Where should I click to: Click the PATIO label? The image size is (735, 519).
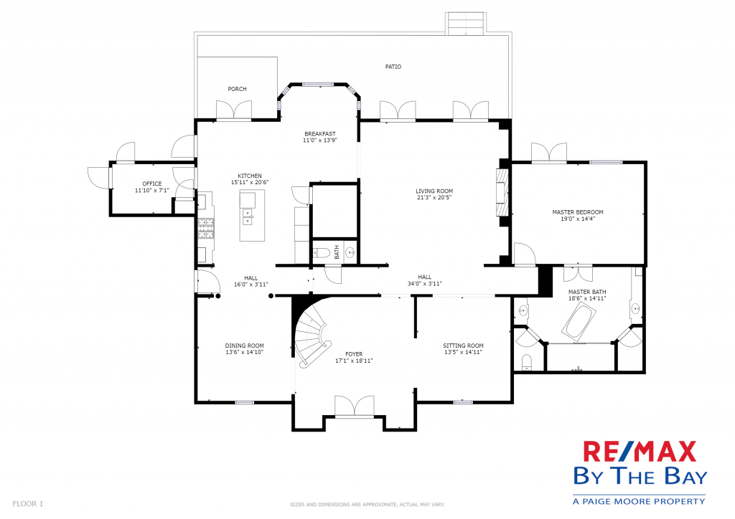[x=393, y=67]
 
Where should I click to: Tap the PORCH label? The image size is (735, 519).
[x=237, y=89]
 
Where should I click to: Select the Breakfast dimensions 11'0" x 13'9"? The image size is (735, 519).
[x=320, y=140]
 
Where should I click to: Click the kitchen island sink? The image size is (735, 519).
[x=247, y=217]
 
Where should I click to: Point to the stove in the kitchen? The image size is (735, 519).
[x=205, y=229]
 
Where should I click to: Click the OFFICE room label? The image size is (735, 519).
[x=152, y=184]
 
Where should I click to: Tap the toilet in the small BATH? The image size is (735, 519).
[x=322, y=254]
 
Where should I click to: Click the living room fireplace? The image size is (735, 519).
[x=502, y=192]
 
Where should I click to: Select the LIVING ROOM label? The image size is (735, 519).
[x=434, y=191]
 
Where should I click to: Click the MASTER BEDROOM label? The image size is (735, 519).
[x=578, y=212]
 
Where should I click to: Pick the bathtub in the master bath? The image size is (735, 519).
[x=579, y=321]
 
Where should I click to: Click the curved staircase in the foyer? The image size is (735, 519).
[x=312, y=333]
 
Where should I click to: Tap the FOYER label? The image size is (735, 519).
[x=354, y=354]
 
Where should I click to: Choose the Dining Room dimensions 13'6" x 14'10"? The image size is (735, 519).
[x=244, y=352]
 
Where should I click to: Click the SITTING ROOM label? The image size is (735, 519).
[x=463, y=346]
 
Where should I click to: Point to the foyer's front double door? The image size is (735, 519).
[x=355, y=406]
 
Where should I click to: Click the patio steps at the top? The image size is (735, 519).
[x=466, y=24]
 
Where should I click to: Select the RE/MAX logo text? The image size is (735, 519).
[x=640, y=452]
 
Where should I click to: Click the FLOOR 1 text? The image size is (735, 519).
[x=28, y=504]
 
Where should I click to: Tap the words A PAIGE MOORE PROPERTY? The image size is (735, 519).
[x=639, y=502]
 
